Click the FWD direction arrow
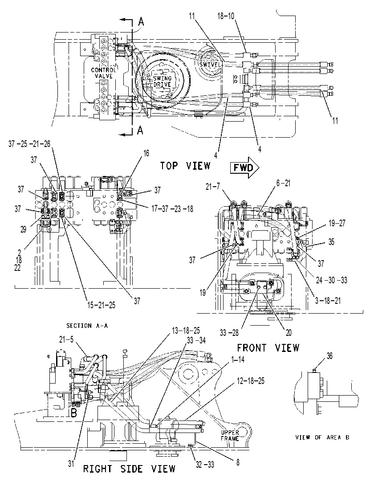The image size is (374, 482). [x=244, y=167]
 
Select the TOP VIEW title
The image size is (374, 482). [x=185, y=166]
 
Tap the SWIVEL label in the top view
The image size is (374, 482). [x=210, y=65]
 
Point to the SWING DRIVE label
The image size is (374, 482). [x=162, y=82]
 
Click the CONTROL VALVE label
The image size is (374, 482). [x=104, y=73]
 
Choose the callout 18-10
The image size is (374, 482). [x=226, y=16]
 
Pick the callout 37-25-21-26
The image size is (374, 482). [x=29, y=144]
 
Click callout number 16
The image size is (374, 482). [x=146, y=153]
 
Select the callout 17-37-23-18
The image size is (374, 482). [x=172, y=209]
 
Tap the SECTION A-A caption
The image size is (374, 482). [x=87, y=326]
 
